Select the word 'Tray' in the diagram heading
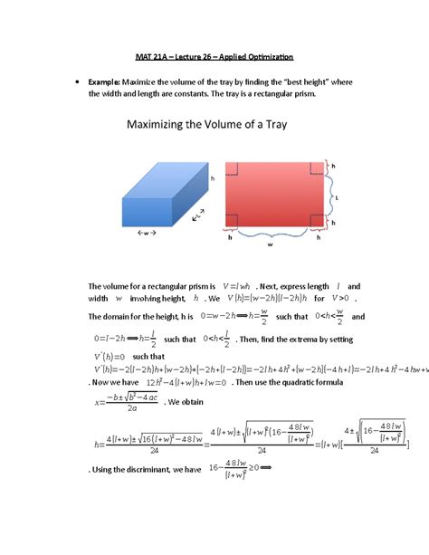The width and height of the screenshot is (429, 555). click(273, 124)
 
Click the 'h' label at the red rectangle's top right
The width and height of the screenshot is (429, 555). click(332, 167)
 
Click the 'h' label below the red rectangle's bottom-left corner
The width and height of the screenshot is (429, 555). click(230, 237)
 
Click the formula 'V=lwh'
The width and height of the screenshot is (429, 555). click(239, 284)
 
